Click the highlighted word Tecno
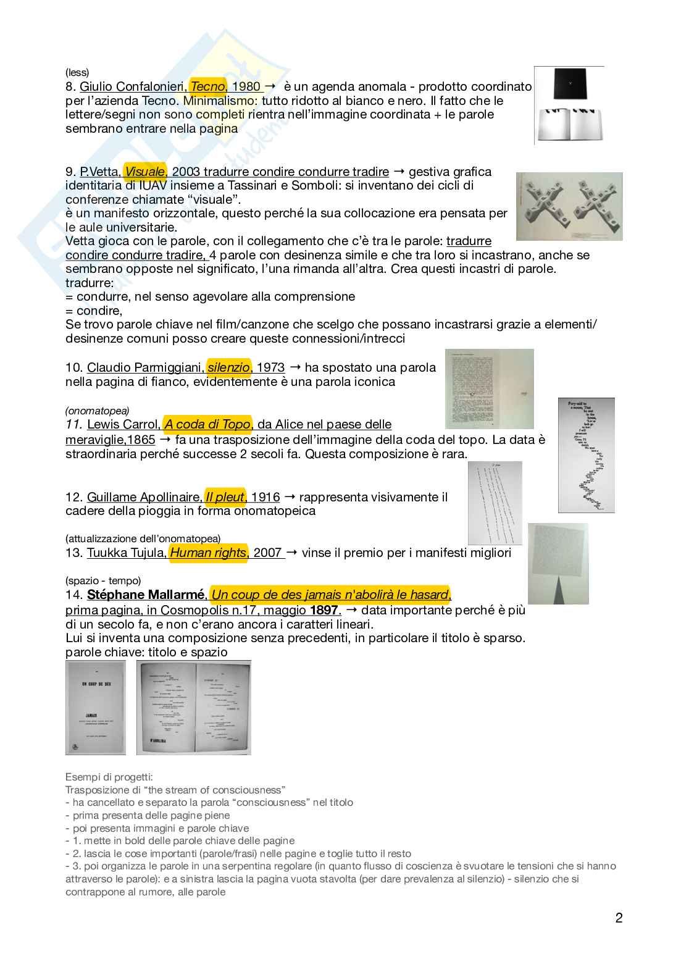point(207,87)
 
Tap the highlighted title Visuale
point(145,172)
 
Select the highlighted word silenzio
point(228,367)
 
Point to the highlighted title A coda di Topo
point(207,424)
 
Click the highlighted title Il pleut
point(225,497)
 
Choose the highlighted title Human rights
point(208,553)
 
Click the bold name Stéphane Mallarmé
point(145,595)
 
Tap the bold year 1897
point(324,610)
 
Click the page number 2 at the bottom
point(619,918)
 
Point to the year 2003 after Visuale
point(185,172)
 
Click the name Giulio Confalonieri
point(133,87)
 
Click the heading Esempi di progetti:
point(109,777)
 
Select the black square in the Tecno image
point(569,83)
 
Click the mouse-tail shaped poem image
point(586,455)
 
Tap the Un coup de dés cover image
point(96,708)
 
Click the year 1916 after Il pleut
point(265,497)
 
